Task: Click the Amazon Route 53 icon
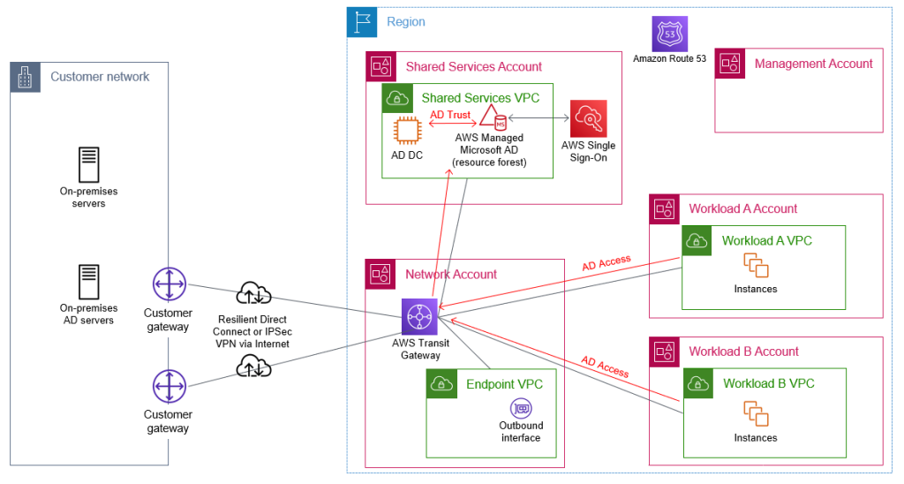[669, 34]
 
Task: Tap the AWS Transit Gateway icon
[419, 316]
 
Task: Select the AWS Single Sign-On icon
[588, 118]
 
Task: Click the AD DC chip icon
[407, 131]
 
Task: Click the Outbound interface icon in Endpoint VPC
[521, 408]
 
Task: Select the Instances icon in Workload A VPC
[756, 265]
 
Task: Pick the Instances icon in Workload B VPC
[756, 413]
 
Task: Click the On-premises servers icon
[89, 165]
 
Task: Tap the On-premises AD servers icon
[89, 282]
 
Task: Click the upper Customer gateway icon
[168, 285]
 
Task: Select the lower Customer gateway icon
[168, 386]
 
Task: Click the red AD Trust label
[450, 115]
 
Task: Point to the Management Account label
[813, 64]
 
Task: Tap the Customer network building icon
[25, 78]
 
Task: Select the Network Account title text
[451, 274]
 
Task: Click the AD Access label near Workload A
[606, 262]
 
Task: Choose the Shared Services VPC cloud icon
[397, 98]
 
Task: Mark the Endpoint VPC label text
[504, 384]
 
